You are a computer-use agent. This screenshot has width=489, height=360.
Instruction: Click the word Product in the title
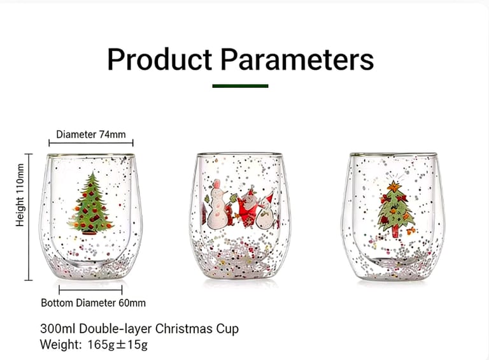point(159,60)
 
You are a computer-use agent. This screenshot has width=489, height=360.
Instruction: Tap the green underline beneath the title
point(240,85)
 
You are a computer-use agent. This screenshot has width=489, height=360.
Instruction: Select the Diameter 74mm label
point(91,134)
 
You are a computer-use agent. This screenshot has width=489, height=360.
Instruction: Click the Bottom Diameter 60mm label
point(93,303)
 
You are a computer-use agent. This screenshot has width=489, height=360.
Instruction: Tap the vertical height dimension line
point(29,217)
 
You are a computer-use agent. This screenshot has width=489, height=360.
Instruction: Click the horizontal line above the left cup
point(91,145)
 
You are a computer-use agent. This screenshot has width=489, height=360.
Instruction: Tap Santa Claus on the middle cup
point(246,208)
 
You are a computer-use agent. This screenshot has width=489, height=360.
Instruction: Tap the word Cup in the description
point(227,329)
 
